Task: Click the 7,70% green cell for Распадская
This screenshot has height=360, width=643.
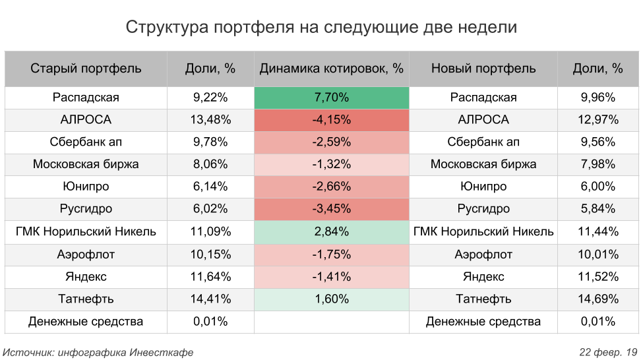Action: click(331, 98)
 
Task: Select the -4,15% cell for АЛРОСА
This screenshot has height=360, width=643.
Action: click(331, 120)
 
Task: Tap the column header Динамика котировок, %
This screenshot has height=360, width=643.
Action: click(331, 69)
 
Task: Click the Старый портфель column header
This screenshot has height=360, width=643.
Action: click(86, 69)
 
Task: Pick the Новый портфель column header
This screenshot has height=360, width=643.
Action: click(483, 69)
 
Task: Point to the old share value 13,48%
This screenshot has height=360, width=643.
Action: click(210, 120)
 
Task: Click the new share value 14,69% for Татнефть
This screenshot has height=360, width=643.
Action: click(598, 299)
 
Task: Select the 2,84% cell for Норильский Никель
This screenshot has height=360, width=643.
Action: click(331, 231)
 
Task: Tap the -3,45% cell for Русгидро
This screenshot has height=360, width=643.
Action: click(331, 209)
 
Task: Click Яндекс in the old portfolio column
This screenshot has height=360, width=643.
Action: click(86, 276)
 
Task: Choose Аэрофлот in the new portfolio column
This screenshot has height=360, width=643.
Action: click(483, 254)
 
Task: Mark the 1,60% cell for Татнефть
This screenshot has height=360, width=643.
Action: click(331, 299)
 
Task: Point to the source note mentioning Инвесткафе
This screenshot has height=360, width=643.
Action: click(98, 352)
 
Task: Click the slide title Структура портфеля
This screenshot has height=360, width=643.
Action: click(321, 27)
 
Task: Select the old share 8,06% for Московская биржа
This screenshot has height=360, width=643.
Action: click(210, 164)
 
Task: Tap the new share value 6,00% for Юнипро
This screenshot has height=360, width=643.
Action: click(598, 187)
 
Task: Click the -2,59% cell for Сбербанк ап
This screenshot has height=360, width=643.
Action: click(331, 142)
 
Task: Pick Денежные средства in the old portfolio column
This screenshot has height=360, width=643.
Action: click(86, 322)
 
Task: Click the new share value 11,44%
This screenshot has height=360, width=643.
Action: click(598, 231)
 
